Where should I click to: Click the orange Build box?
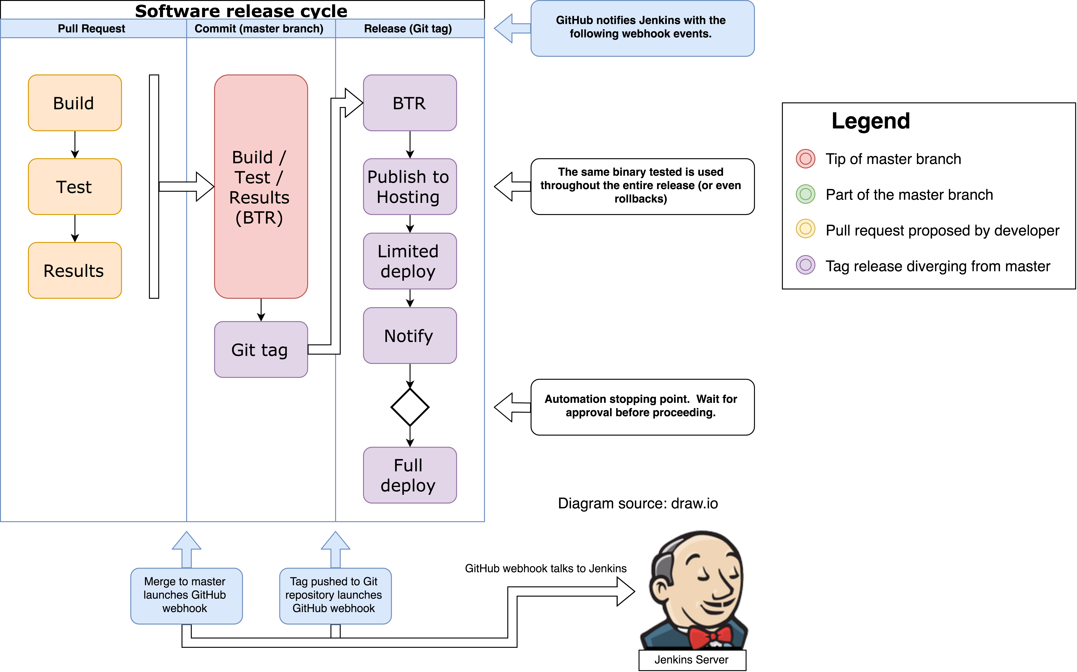tap(75, 103)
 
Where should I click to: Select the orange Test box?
tap(75, 187)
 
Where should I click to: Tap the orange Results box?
tap(75, 270)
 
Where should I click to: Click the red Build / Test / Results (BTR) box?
tap(261, 187)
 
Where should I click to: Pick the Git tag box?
tap(261, 349)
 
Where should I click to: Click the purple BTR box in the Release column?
tap(410, 103)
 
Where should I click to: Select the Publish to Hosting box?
tap(410, 187)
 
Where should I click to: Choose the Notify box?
tap(410, 336)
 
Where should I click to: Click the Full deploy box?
tap(410, 475)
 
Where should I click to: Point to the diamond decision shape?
tap(410, 407)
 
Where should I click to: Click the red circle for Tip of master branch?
tap(805, 159)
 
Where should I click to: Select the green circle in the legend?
tap(805, 194)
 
